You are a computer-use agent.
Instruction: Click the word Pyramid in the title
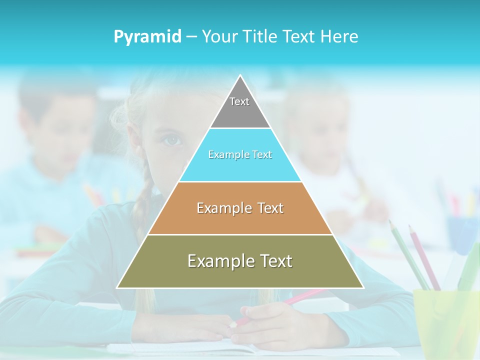(147, 37)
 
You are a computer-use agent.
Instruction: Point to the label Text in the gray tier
(239, 101)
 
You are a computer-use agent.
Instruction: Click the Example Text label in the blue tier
(240, 155)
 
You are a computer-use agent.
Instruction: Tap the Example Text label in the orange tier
(240, 208)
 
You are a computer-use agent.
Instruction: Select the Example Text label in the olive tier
(240, 261)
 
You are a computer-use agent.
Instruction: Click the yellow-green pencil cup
(445, 320)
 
